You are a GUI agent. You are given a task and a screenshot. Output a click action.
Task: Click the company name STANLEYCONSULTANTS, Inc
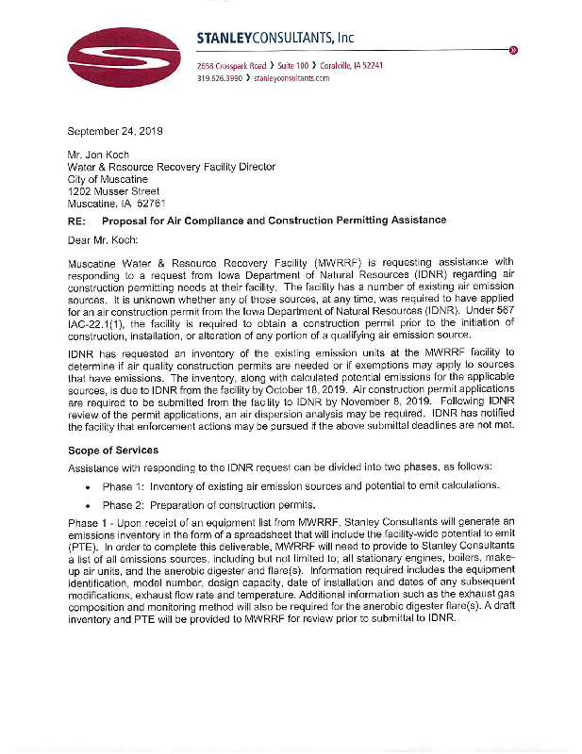275,38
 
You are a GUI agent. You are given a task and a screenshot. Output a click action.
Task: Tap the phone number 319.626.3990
220,79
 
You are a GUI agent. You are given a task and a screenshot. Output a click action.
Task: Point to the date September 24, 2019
115,130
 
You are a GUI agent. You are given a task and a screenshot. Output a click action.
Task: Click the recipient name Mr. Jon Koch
102,154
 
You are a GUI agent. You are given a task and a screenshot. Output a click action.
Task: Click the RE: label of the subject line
77,220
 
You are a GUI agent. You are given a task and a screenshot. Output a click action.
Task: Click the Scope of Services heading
113,451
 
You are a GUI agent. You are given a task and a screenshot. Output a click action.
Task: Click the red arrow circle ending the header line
513,50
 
